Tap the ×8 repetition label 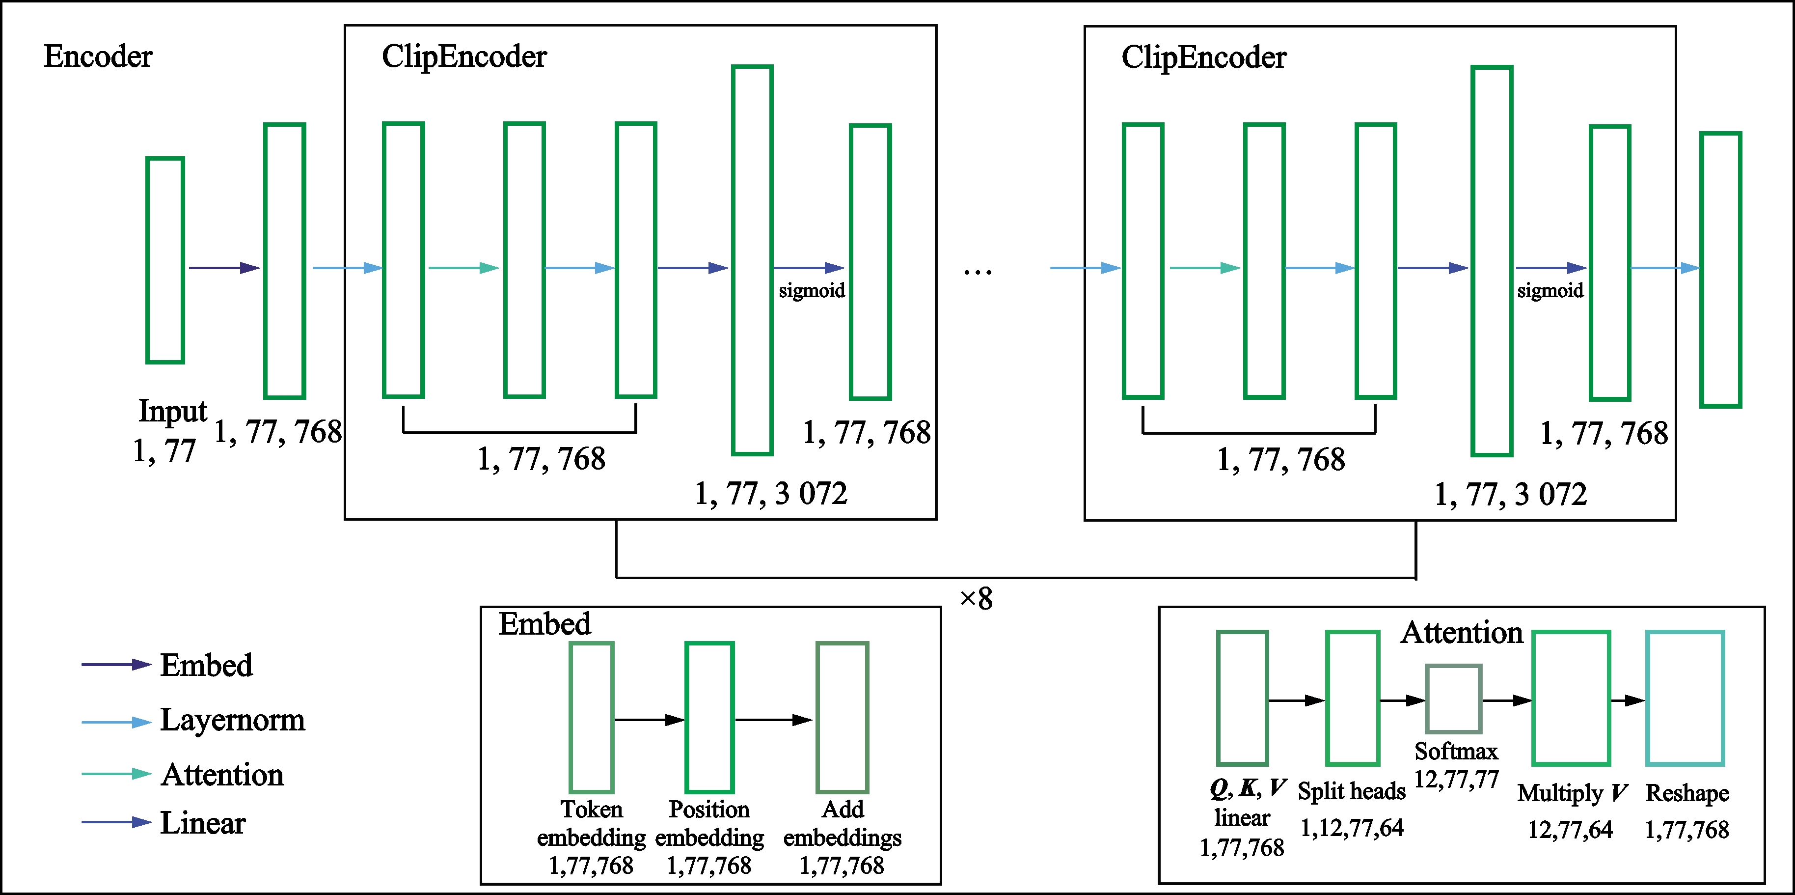tap(976, 598)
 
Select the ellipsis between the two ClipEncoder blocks tap(978, 272)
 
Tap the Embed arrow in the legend tap(116, 664)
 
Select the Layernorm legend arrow tap(116, 722)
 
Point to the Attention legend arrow tap(116, 774)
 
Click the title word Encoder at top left tap(98, 56)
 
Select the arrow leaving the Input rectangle tap(224, 268)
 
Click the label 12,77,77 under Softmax tap(1456, 779)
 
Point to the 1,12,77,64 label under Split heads tap(1352, 827)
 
